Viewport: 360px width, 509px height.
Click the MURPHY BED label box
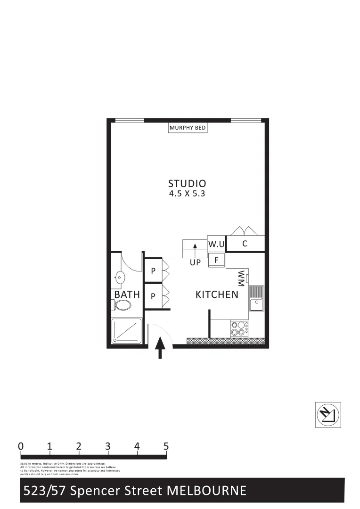pyautogui.click(x=188, y=128)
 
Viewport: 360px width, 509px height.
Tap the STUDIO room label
pyautogui.click(x=187, y=183)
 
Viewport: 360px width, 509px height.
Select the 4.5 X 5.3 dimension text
pyautogui.click(x=187, y=194)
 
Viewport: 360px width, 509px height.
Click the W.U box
pyautogui.click(x=216, y=244)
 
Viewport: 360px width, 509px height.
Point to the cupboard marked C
pyautogui.click(x=245, y=244)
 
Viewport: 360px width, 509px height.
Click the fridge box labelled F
pyautogui.click(x=217, y=259)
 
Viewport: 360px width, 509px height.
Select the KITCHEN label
pyautogui.click(x=217, y=295)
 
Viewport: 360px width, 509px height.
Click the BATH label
pyautogui.click(x=127, y=295)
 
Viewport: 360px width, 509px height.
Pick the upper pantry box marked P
pyautogui.click(x=153, y=271)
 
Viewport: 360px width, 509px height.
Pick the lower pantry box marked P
pyautogui.click(x=153, y=296)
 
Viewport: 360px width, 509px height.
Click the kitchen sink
pyautogui.click(x=256, y=299)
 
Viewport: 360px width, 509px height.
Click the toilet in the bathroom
pyautogui.click(x=122, y=305)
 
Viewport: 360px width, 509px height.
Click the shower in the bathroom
pyautogui.click(x=126, y=331)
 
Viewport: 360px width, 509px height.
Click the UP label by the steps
pyautogui.click(x=196, y=263)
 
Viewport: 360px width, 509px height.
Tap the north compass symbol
pyautogui.click(x=327, y=415)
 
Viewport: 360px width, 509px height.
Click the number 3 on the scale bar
pyautogui.click(x=108, y=446)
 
